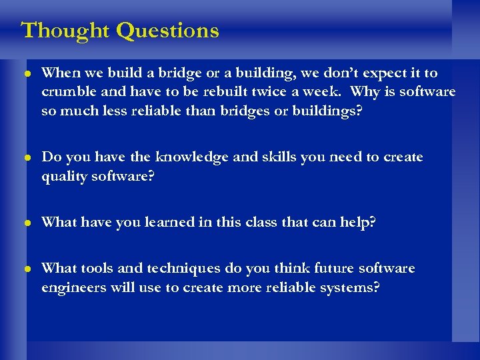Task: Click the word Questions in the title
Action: click(167, 31)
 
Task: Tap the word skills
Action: click(271, 157)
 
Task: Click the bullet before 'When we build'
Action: click(27, 73)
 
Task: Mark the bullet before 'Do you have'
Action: click(27, 158)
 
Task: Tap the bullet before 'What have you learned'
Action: click(27, 223)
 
